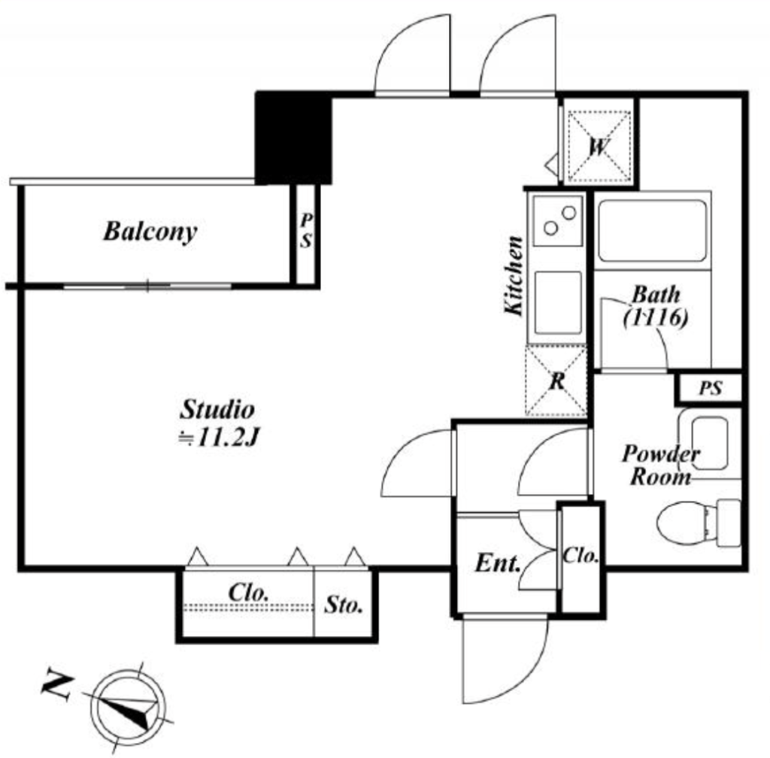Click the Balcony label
pos(150,232)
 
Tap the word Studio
pos(217,409)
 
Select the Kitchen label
pos(514,275)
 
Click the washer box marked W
pos(599,147)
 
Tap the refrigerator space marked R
pos(556,381)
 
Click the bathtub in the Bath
pos(652,231)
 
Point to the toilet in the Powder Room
pos(699,523)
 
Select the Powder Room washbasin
pos(710,443)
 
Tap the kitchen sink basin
pos(558,302)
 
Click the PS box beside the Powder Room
pos(710,389)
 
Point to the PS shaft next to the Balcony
pos(306,234)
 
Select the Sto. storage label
pos(343,605)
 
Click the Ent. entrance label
pos(498,563)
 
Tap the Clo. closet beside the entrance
pos(581,556)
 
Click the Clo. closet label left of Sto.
pos(248,593)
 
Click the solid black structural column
pos(294,138)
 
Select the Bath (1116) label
pos(656,306)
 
